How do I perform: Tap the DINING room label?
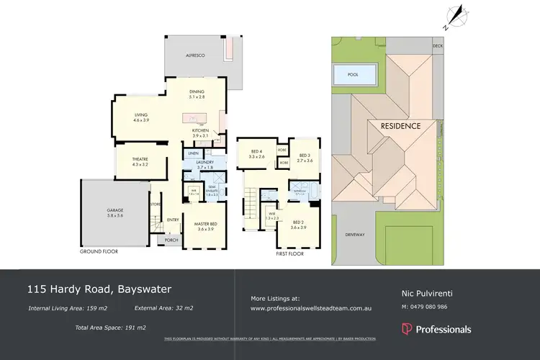(197, 92)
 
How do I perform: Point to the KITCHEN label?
(200, 131)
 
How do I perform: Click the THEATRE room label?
(140, 161)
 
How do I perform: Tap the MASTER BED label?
(206, 225)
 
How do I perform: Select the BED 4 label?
(257, 151)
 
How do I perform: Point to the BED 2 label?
(298, 223)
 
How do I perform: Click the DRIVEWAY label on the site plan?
(354, 234)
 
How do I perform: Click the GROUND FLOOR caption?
(99, 253)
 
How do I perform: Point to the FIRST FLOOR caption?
(291, 253)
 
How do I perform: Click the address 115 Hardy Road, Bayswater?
(99, 289)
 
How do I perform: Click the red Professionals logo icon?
(406, 329)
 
